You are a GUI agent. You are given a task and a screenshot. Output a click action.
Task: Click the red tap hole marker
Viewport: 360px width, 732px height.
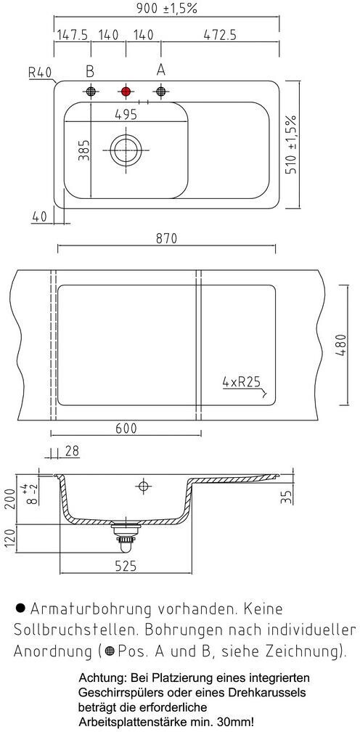pos(126,91)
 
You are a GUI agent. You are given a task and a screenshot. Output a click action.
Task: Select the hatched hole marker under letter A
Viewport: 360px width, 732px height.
pos(161,91)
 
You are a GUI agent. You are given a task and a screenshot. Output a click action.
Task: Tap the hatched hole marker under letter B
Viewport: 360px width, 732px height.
pos(91,91)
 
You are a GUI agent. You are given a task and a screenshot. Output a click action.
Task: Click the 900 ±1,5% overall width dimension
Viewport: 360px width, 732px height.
pos(167,8)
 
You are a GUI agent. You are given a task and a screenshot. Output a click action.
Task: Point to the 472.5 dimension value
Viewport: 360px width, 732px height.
pos(220,35)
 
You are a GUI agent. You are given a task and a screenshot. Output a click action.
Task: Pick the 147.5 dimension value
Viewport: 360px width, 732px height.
pos(73,35)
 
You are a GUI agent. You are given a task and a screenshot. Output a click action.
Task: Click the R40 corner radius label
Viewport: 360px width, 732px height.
pos(40,72)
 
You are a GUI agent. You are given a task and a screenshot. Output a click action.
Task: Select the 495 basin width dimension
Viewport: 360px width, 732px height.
pos(126,114)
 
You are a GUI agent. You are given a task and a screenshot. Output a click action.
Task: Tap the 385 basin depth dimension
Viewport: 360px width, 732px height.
pos(83,150)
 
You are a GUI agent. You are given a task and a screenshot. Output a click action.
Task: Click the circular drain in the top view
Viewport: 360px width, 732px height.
pos(125,150)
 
